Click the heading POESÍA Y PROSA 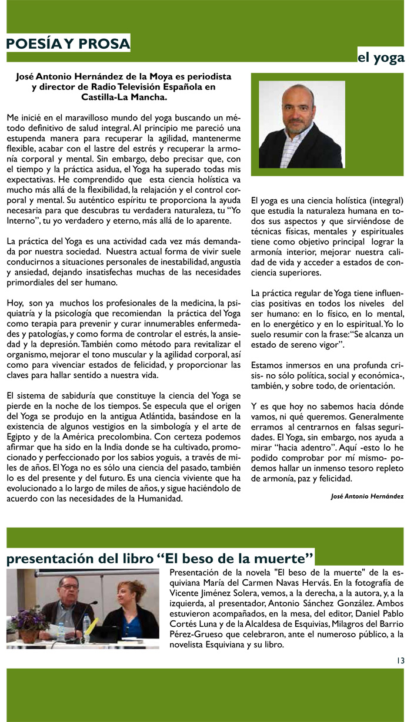68,43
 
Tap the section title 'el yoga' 381,57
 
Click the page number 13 400,660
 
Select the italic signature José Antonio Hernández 367,496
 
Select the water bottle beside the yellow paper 86,627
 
